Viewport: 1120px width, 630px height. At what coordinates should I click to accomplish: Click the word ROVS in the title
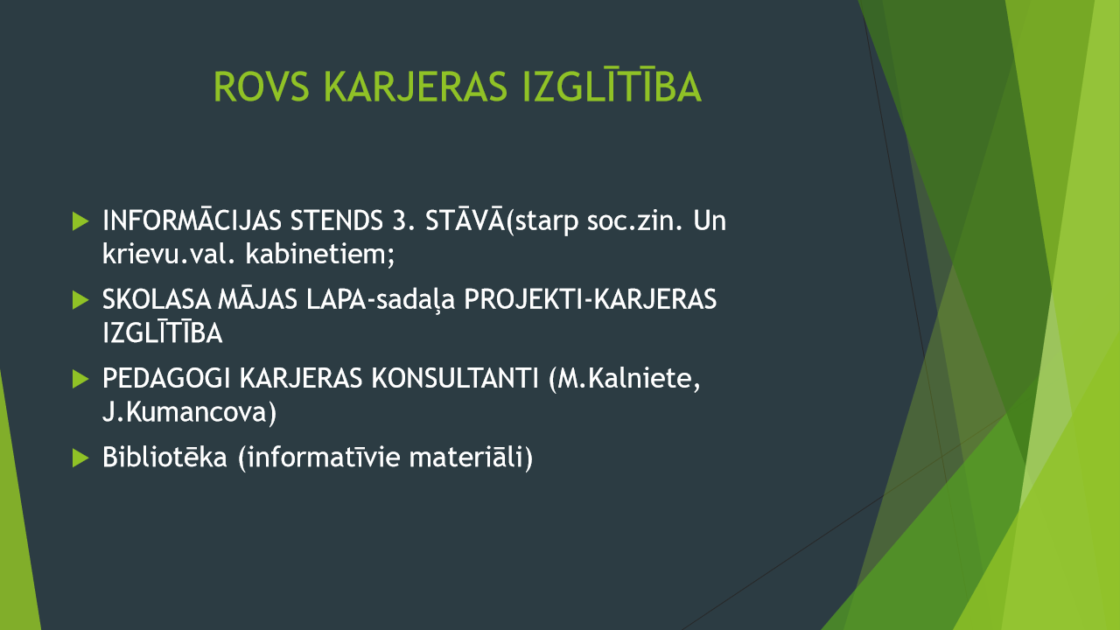click(261, 87)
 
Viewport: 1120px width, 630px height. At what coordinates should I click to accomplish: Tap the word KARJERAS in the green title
click(416, 87)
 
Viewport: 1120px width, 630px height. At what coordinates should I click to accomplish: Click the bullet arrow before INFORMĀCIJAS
click(80, 221)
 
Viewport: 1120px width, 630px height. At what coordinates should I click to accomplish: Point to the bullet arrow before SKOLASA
click(80, 300)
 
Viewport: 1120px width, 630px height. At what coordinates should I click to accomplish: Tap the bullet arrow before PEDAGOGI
click(80, 379)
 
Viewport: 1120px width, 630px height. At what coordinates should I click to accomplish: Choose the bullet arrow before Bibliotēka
click(80, 458)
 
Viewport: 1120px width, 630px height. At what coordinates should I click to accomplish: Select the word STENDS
click(337, 220)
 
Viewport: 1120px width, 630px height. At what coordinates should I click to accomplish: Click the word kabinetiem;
click(320, 254)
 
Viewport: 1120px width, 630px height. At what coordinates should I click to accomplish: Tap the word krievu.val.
click(169, 254)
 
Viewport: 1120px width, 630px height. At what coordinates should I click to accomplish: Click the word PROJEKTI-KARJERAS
click(590, 299)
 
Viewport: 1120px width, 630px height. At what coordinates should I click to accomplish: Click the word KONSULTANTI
click(455, 379)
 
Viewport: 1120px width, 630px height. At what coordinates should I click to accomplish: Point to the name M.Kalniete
click(625, 380)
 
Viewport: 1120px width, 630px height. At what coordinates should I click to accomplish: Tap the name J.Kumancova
click(189, 412)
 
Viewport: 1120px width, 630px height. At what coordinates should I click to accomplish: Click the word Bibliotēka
click(164, 457)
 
